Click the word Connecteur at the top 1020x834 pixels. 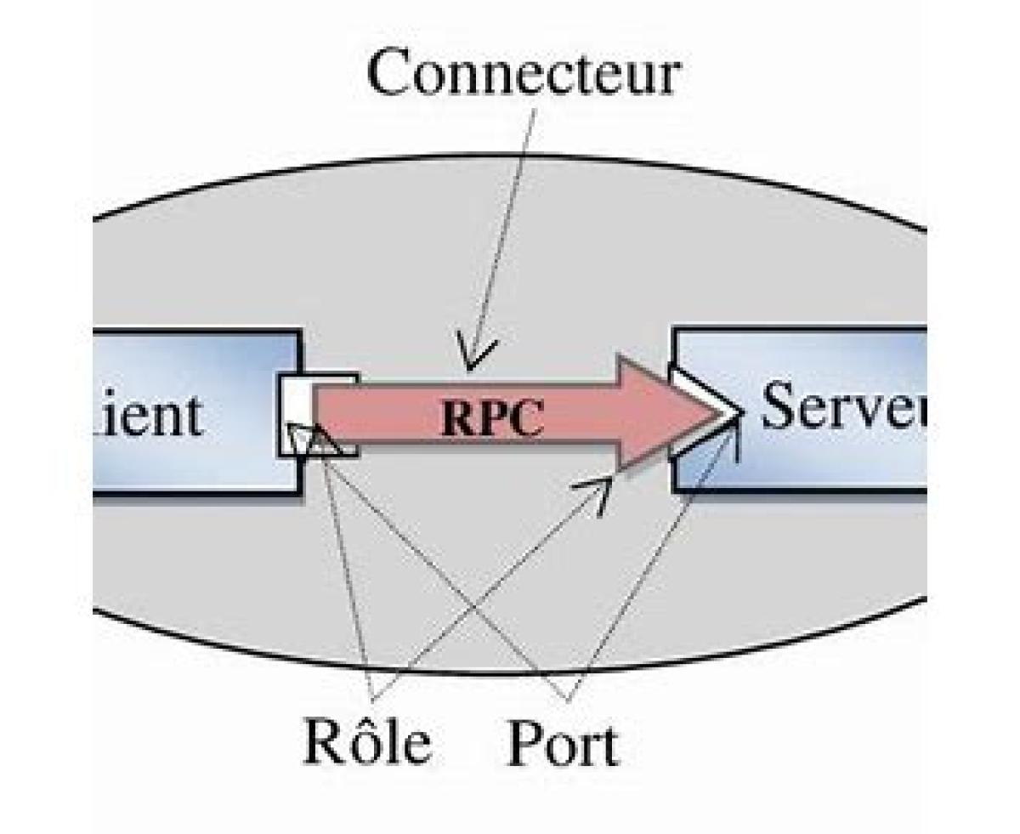coord(523,73)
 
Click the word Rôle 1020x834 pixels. coord(367,745)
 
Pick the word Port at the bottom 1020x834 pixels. coord(562,746)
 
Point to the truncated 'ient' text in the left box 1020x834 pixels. coord(149,417)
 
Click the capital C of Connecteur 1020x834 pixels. coord(390,74)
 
